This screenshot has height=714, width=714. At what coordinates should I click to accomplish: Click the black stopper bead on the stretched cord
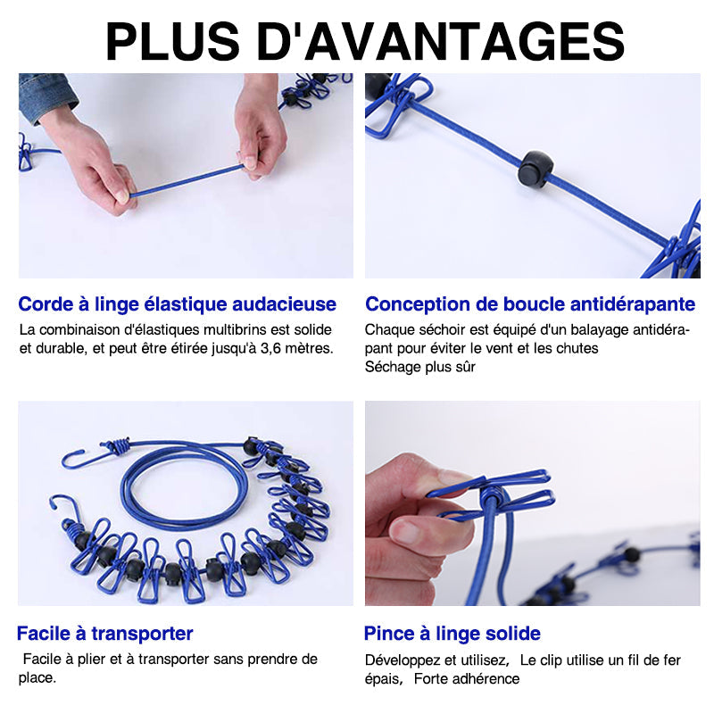point(535,168)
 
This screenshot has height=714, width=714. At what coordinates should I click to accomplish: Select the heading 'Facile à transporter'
point(104,635)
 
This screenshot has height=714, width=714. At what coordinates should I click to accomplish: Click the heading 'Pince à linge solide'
point(452,635)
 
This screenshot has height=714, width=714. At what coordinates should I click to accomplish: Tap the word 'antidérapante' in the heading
point(631,304)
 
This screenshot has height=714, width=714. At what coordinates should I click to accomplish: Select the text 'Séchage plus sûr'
point(419,367)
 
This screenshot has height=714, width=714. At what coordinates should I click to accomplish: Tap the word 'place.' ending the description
point(37,678)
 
